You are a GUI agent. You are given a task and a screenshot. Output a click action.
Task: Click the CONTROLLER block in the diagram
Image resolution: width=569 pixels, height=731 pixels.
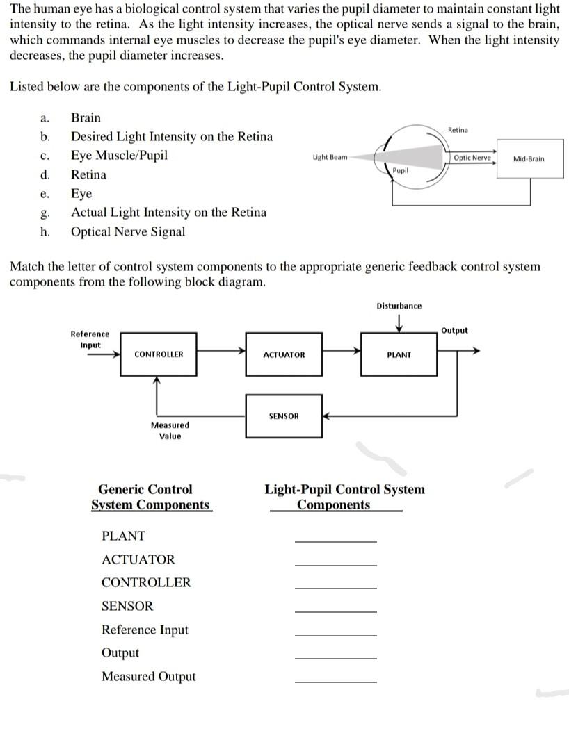(159, 354)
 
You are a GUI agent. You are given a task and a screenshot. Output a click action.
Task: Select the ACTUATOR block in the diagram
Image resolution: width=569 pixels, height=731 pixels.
(284, 354)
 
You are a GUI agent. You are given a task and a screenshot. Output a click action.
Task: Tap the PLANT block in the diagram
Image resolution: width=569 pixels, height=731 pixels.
(399, 354)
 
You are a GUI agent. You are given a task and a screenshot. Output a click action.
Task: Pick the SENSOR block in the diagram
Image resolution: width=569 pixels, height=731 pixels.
(283, 416)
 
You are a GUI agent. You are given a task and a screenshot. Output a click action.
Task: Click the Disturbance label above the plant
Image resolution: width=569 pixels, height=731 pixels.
(399, 306)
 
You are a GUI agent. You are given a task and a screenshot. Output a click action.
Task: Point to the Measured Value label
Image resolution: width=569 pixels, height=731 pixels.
(170, 430)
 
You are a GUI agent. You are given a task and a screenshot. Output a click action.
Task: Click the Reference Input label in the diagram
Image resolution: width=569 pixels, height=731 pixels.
(90, 339)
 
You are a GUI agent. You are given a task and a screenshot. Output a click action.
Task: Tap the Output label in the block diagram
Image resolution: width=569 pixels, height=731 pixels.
(454, 330)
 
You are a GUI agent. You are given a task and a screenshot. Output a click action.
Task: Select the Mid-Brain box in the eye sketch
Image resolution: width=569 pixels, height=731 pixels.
(528, 158)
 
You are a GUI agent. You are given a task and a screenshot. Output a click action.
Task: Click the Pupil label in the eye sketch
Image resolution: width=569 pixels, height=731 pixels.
(400, 170)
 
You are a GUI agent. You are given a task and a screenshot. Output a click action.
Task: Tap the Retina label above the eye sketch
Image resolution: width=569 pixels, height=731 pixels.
(458, 130)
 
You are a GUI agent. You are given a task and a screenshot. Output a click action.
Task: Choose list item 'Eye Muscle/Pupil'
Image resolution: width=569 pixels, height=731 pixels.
(119, 155)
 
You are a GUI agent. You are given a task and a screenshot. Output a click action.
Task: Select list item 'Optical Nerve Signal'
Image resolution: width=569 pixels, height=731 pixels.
(128, 231)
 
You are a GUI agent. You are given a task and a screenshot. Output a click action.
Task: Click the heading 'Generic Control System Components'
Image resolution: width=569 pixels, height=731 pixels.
(150, 497)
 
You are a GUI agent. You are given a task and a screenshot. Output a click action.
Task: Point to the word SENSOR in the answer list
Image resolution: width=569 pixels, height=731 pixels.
(127, 606)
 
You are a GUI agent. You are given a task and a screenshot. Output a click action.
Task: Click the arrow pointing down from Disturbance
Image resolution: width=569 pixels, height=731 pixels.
(399, 323)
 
